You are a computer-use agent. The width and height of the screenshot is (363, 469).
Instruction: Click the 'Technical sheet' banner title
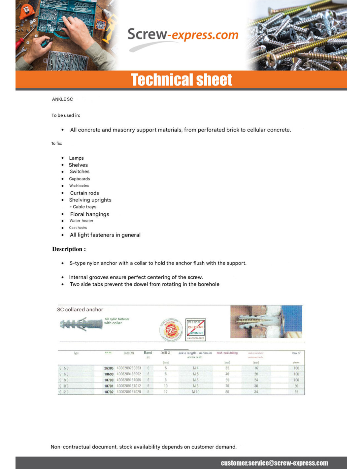coord(181,80)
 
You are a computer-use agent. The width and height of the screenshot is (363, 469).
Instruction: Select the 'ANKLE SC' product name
coord(62,99)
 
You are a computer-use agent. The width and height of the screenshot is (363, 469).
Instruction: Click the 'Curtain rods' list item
coord(84,193)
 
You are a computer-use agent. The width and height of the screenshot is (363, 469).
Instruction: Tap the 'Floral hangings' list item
coord(89,214)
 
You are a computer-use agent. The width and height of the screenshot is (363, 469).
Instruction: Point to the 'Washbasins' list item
coord(79,186)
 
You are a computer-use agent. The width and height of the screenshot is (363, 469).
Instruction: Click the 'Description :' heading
coord(69,249)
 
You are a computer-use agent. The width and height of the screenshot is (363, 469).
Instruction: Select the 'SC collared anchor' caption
coord(80,309)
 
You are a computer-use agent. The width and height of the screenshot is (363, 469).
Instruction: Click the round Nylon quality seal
coord(171,329)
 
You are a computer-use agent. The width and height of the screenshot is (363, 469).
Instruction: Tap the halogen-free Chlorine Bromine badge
coord(196,329)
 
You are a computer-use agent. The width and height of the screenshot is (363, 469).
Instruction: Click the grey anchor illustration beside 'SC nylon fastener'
coord(81,324)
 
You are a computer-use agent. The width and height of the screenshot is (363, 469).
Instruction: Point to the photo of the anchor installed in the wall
coord(266,322)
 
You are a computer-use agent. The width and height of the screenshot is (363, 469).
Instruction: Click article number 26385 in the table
coord(109,368)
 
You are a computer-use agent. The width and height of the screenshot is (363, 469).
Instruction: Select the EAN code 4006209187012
coord(129,386)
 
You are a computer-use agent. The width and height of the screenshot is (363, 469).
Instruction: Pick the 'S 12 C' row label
coord(64,392)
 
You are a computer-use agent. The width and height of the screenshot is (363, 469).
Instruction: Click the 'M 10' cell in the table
coord(196,392)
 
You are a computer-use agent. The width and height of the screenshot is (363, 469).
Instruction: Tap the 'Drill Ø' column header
coord(165,353)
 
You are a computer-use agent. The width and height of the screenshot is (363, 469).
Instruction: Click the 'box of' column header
coord(296,353)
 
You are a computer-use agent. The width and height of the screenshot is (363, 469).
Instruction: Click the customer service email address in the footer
coord(274,463)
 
